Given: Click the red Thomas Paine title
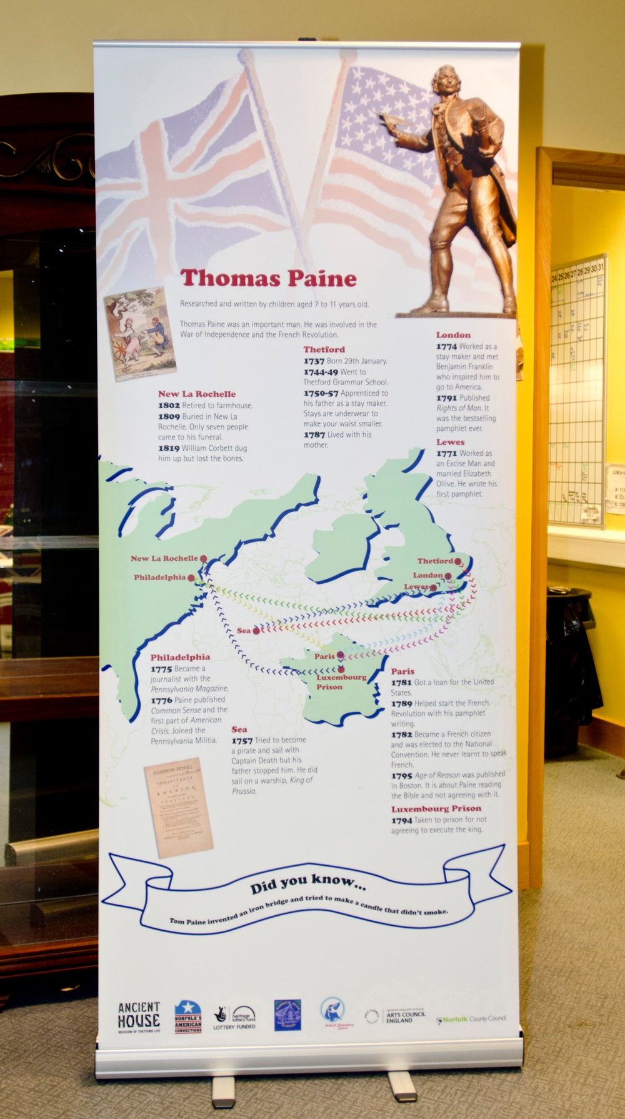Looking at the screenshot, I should (x=268, y=278).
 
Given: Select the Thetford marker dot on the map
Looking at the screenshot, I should (x=458, y=561).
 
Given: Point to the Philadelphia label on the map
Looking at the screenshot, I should (x=159, y=577).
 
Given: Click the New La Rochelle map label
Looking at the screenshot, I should (x=164, y=558).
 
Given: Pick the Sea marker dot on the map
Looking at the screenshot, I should (x=256, y=631).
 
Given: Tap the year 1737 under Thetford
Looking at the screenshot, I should (x=314, y=361).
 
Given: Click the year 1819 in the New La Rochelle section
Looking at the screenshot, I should (x=169, y=448).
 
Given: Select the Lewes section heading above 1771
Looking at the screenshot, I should (x=450, y=442).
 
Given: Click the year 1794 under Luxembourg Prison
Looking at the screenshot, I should (x=402, y=820).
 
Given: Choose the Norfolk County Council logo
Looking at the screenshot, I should (x=471, y=1018).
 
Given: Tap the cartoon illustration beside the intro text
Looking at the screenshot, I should (x=139, y=334).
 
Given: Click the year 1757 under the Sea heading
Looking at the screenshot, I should (x=242, y=740).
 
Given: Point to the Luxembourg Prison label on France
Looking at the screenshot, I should (x=340, y=682).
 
